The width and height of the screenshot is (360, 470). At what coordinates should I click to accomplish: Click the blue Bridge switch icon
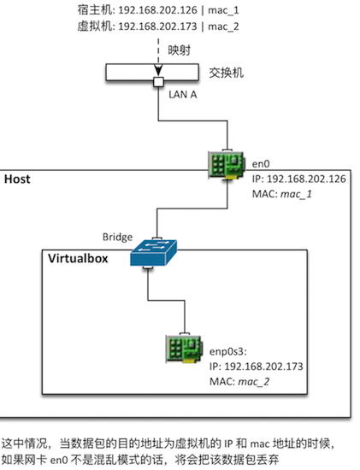point(153,253)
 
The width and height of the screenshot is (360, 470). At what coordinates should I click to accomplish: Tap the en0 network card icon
point(227,165)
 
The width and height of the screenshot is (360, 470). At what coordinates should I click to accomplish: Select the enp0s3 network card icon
point(184,349)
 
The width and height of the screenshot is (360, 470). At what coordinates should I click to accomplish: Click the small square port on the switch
point(158,82)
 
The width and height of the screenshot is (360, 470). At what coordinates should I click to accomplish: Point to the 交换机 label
point(226,73)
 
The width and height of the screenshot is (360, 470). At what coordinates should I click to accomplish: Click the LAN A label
point(182,94)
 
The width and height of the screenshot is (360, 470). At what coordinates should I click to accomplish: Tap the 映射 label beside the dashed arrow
point(179,50)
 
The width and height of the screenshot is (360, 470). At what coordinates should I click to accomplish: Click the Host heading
point(17,179)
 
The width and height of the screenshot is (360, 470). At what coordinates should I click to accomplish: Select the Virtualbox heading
point(78,258)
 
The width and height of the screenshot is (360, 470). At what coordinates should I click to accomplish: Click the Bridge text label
point(117,237)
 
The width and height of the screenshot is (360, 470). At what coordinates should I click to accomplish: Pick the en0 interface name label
point(261,164)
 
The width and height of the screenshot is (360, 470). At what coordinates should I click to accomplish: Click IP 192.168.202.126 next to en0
point(298,179)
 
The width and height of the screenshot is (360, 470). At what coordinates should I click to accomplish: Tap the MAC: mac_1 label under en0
point(282,194)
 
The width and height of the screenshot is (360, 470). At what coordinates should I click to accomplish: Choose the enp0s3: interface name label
point(228,351)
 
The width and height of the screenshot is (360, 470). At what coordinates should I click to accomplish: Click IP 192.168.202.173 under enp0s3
point(257,367)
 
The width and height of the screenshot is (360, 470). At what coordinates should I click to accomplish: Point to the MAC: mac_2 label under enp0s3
point(239,382)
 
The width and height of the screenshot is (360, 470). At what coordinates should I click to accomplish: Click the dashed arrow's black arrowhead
point(158,70)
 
